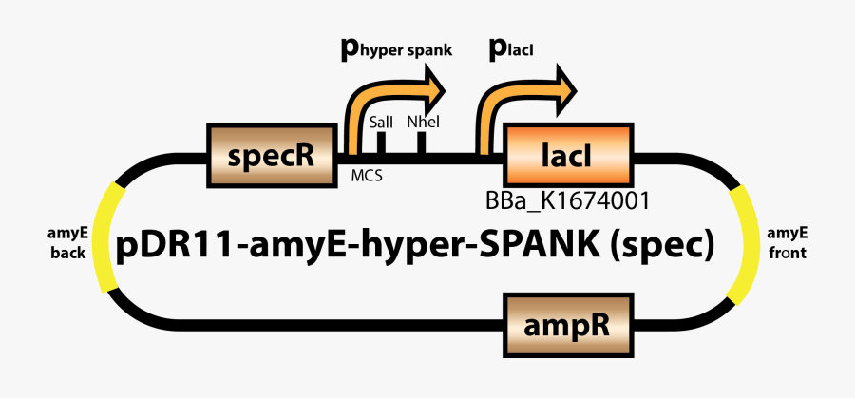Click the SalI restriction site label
pyautogui.click(x=380, y=123)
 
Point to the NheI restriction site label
pyautogui.click(x=420, y=123)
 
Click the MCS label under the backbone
pyautogui.click(x=367, y=176)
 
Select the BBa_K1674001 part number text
pyautogui.click(x=567, y=200)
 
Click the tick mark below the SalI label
pyautogui.click(x=381, y=142)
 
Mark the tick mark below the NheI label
pyautogui.click(x=420, y=142)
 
